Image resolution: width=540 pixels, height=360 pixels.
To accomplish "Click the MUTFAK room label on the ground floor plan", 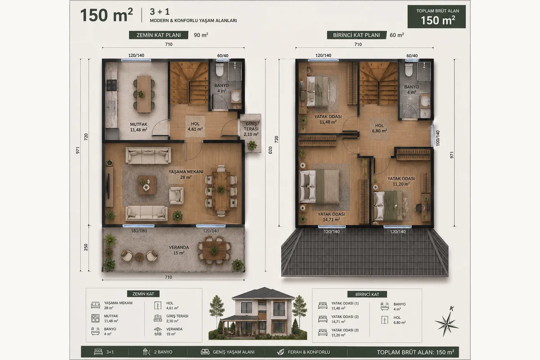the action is point(139,127).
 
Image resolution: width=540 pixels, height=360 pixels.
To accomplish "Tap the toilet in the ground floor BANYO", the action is point(220,69).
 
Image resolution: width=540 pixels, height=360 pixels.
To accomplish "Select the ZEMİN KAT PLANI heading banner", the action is point(158,35).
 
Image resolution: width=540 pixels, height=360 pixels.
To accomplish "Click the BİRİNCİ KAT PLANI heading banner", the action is point(356,35).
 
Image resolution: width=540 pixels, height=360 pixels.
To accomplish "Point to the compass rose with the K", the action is point(447,323).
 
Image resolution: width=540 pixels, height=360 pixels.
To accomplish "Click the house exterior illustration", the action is point(258,314).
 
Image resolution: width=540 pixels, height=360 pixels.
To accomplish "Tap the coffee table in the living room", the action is point(147,185).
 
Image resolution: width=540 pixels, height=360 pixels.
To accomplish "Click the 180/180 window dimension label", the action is point(139,231).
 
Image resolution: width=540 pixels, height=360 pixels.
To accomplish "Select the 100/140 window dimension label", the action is point(438,138).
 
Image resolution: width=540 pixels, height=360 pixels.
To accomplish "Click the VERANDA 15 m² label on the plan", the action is point(179,250).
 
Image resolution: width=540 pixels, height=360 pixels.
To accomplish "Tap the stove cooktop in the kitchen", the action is point(112,85).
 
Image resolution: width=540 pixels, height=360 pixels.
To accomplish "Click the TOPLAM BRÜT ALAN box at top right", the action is point(436,17).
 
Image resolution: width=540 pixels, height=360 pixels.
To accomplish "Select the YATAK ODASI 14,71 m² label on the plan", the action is point(331,217).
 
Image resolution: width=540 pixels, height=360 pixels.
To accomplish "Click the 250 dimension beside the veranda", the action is point(86,247).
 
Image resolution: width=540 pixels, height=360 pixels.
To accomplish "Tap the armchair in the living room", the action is point(176,196).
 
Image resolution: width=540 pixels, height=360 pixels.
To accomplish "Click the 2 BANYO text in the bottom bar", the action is point(163,352).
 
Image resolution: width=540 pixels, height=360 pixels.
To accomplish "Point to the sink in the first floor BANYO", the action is point(425,101).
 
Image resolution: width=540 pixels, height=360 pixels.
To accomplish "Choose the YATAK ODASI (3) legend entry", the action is point(345,333).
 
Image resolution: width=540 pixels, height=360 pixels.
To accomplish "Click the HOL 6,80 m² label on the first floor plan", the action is point(379,128).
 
